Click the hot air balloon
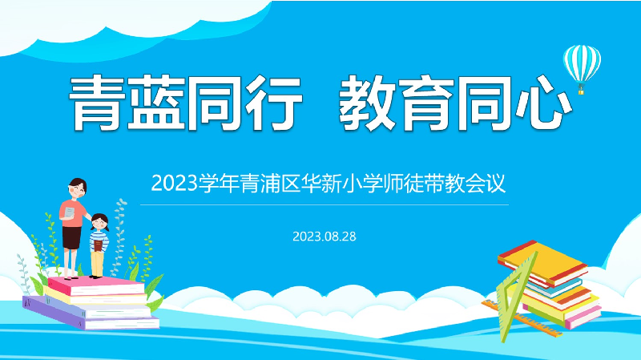pos(582,67)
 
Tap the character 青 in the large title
pos(97,103)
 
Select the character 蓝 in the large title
pos(156,103)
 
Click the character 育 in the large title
pos(426,103)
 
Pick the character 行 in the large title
pos(274,103)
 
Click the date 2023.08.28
pos(325,237)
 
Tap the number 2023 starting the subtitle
pos(175,183)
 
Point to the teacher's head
pos(77,188)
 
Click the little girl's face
pos(99,224)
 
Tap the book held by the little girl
pos(98,245)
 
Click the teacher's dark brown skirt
pos(71,237)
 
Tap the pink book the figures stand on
pos(96,285)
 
